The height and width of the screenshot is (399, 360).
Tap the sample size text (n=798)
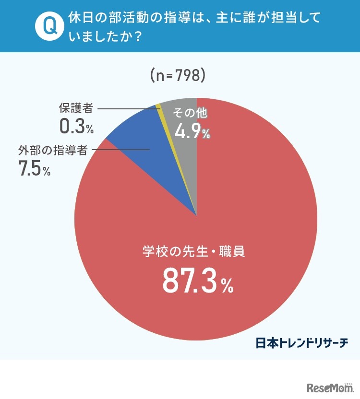pyautogui.click(x=178, y=75)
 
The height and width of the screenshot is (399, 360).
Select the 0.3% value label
pyautogui.click(x=76, y=127)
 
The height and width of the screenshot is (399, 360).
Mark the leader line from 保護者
pyautogui.click(x=127, y=109)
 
